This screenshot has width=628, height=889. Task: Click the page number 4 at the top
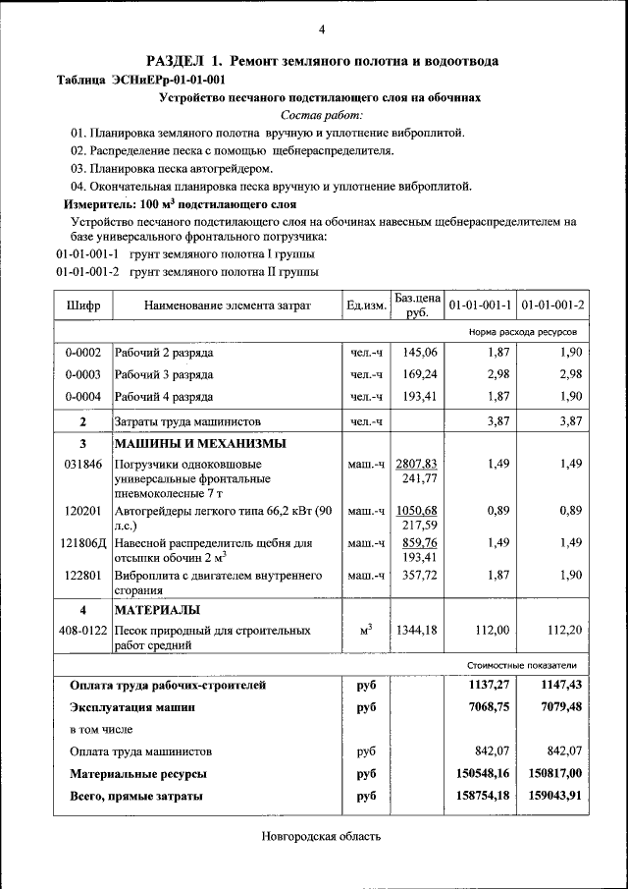point(322,28)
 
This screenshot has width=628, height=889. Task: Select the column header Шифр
point(83,306)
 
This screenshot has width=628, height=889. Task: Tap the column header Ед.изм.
point(366,306)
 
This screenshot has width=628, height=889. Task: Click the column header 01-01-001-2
point(552,306)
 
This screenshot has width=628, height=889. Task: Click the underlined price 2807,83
point(417,464)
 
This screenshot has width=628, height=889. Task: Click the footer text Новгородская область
point(320,837)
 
